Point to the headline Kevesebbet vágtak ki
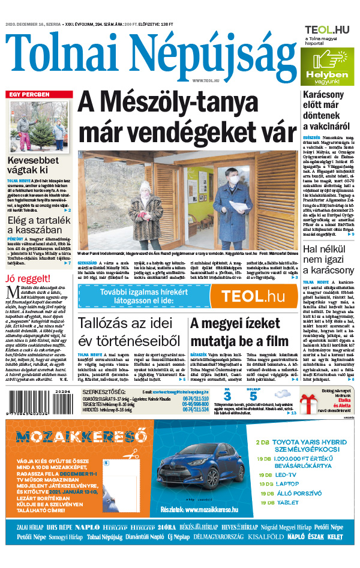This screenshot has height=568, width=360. (32, 166)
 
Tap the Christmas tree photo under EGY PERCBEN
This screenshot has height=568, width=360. (40, 127)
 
